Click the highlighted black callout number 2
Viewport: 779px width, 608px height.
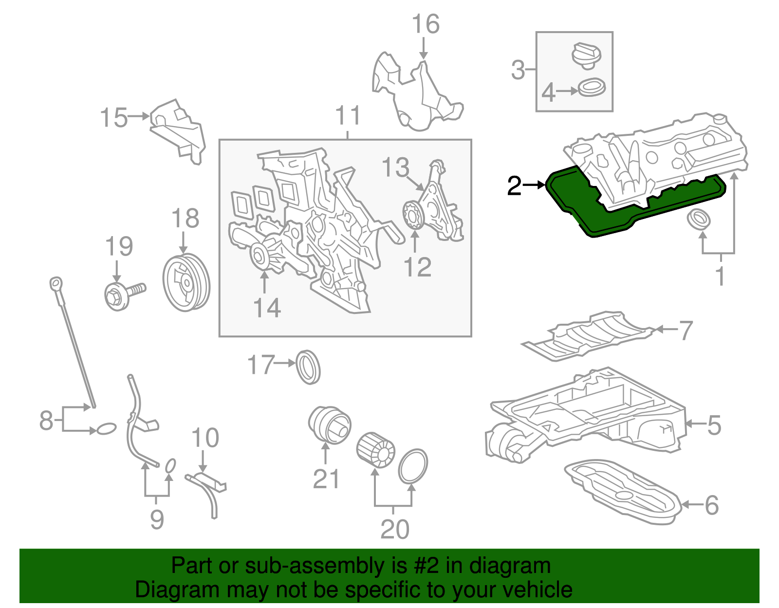(514, 185)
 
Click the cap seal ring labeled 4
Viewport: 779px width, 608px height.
(592, 88)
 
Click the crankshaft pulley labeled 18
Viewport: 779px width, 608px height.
(186, 282)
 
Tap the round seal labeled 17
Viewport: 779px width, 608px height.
(308, 367)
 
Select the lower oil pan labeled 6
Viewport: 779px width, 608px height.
(623, 492)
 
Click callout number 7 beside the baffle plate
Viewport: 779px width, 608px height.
(686, 331)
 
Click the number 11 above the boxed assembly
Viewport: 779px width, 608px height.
(348, 116)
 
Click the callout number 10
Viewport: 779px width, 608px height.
(205, 438)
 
